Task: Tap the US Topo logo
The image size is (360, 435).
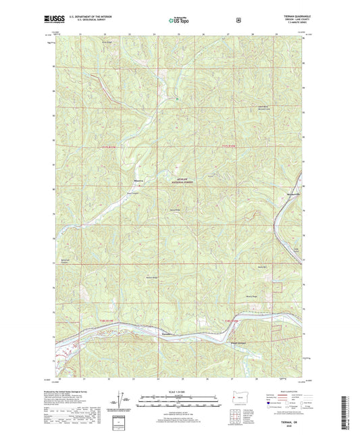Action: tap(180, 21)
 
